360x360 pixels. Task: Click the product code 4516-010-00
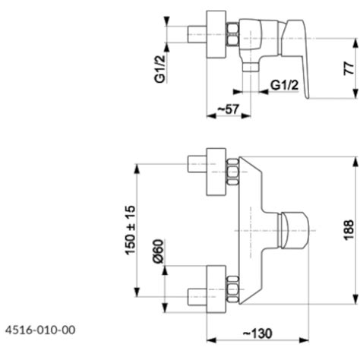[40, 330]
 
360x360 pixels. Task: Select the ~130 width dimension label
[257, 333]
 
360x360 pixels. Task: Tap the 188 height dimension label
[349, 230]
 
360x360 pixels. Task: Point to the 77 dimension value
[349, 68]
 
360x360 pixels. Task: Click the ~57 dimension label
[228, 109]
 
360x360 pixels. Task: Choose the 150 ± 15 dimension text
[131, 230]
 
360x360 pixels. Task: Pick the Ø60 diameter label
[159, 251]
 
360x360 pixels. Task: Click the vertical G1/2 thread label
[160, 69]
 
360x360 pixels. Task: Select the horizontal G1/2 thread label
[285, 85]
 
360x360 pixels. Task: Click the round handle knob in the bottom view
[294, 230]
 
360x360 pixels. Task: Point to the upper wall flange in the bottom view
[216, 172]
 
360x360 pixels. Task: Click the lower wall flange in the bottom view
[216, 289]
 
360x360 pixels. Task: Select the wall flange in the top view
[216, 34]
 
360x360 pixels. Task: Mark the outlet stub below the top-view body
[250, 68]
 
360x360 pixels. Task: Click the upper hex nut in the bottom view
[233, 172]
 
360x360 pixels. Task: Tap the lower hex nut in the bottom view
[233, 289]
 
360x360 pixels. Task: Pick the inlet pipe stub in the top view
[197, 34]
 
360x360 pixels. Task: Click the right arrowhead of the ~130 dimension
[304, 340]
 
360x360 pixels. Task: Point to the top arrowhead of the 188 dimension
[356, 162]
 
